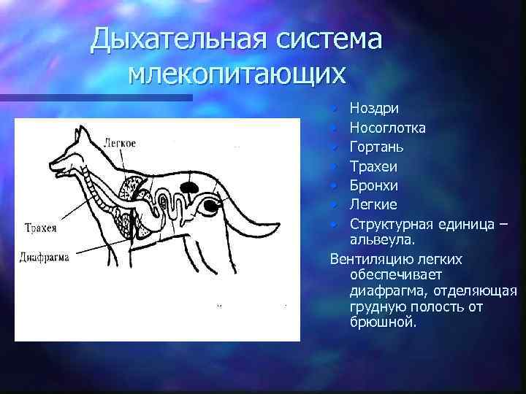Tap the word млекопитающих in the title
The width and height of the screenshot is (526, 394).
click(235, 73)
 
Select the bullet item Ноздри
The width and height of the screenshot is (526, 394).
click(373, 109)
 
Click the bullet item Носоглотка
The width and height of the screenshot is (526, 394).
click(388, 128)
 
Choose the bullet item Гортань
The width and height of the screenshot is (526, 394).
click(376, 147)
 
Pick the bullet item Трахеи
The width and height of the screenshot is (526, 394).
click(373, 166)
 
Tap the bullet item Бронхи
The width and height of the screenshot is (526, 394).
click(373, 185)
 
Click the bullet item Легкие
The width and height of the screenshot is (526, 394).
click(373, 204)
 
